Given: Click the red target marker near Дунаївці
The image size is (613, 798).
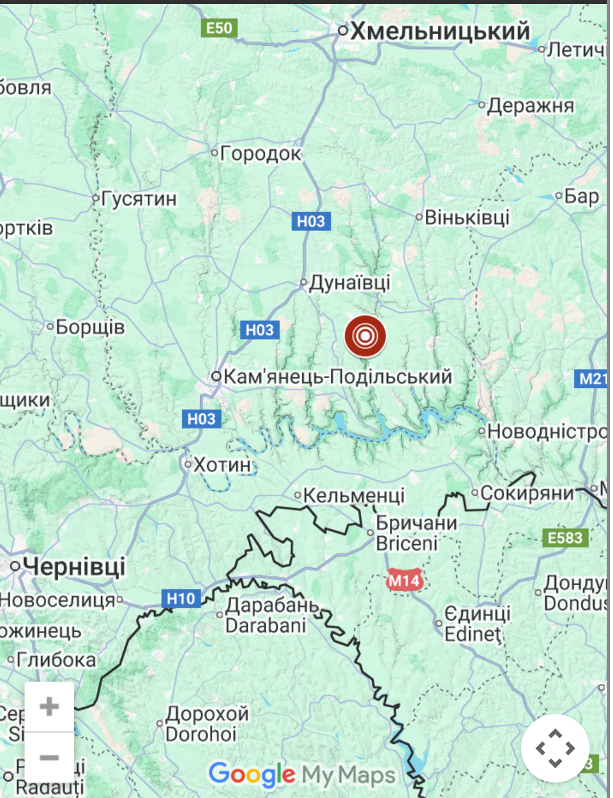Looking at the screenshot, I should [365, 336].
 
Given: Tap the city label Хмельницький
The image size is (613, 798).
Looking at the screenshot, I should [439, 31].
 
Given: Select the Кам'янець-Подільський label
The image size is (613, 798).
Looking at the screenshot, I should [337, 377].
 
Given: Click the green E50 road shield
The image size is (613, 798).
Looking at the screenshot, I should [219, 28].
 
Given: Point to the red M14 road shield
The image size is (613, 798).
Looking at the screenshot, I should [404, 581].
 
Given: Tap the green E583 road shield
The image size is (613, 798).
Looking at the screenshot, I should [564, 538].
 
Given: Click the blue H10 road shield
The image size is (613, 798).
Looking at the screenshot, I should [181, 598].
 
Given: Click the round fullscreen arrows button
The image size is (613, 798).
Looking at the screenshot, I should [555, 748].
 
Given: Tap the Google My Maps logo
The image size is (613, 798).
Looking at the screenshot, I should [302, 775].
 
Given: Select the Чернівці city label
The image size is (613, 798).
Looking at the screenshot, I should [74, 566].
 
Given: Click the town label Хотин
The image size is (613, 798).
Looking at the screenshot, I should [222, 465].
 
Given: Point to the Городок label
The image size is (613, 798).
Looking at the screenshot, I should [260, 153].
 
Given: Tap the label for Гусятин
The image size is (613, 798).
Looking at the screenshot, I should [139, 199].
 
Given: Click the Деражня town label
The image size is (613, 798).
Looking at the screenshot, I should [530, 106].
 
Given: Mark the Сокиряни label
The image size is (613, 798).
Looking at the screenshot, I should [526, 493].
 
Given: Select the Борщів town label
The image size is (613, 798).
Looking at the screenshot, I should [90, 327].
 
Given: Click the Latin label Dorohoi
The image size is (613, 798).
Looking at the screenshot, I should [200, 734].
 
